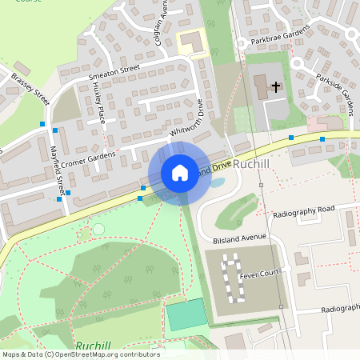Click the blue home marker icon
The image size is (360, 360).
[180, 173]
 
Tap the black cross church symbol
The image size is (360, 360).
[276, 86]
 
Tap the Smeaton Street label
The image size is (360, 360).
[114, 73]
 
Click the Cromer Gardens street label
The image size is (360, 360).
[88, 158]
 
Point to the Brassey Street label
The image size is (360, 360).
[31, 90]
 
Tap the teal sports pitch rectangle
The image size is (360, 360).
[186, 314]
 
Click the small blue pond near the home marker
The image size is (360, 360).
[216, 182]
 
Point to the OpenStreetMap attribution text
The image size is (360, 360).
[81, 354]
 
